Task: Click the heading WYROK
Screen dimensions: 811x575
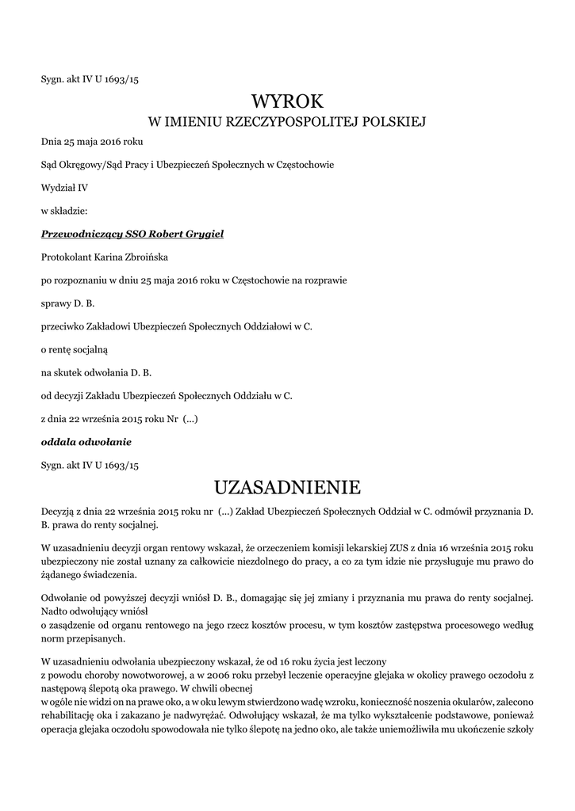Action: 287,101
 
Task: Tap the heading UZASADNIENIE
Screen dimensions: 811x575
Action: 287,485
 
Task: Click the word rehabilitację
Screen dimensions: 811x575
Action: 69,714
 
